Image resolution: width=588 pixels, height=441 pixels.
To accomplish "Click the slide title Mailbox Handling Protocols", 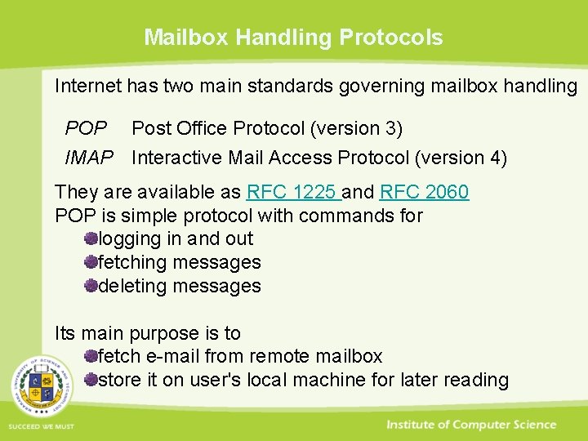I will (x=293, y=38).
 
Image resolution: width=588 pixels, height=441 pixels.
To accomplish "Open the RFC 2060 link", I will (x=424, y=193).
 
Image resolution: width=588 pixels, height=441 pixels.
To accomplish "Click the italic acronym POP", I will (x=86, y=129).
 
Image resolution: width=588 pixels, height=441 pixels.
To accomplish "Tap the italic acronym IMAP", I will (x=89, y=158).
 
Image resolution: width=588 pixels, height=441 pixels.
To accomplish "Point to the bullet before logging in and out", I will (x=91, y=239).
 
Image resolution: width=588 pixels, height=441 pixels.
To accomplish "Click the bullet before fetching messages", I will (x=91, y=262).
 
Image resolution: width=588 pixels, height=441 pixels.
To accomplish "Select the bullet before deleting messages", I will (x=91, y=286).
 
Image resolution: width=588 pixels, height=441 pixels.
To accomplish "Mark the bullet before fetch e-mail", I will (x=91, y=356).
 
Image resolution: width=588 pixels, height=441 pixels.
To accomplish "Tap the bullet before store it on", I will (x=91, y=380).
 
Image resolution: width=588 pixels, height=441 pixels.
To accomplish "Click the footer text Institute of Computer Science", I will (x=471, y=425).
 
